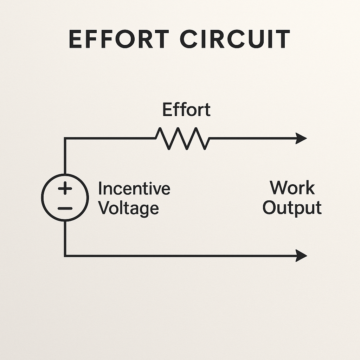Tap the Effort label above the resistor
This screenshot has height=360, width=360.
pyautogui.click(x=186, y=110)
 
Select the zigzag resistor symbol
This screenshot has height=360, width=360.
pyautogui.click(x=183, y=138)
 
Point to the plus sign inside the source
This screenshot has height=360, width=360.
pyautogui.click(x=65, y=189)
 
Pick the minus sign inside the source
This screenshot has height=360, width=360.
pyautogui.click(x=65, y=208)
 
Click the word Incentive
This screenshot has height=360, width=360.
pyautogui.click(x=134, y=188)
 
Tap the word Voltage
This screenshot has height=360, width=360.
pyautogui.click(x=128, y=208)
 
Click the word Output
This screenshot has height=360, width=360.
pyautogui.click(x=292, y=207)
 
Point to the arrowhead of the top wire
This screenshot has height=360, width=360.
pyautogui.click(x=302, y=138)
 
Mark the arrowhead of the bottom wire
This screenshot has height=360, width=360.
pyautogui.click(x=302, y=256)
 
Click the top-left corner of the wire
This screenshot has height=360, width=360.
pyautogui.click(x=65, y=138)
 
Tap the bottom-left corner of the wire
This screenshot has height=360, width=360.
pyautogui.click(x=65, y=256)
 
